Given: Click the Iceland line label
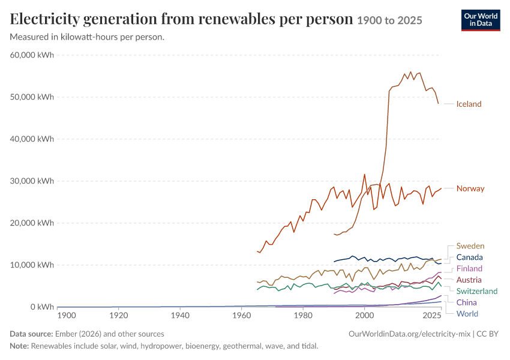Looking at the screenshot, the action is point(469,104).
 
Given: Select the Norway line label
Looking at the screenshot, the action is point(470,188).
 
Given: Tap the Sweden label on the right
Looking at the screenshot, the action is point(470,246).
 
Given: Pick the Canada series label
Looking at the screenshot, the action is point(469,257).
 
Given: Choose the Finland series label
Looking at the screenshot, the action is point(469,268).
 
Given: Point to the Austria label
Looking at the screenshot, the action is point(469,280).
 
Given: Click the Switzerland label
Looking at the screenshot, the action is point(477,291).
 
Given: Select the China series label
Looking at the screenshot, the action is point(466,302).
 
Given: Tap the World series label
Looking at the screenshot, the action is point(467,314).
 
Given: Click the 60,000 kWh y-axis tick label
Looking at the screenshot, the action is point(32,55).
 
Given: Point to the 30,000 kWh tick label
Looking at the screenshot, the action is point(32,181).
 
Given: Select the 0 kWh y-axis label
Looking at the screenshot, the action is point(42,307).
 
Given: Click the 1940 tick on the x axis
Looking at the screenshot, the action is point(180,316).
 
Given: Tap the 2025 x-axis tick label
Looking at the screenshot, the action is point(432,316).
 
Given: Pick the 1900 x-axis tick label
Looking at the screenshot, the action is point(67,316).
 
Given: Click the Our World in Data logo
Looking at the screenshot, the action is point(481,20).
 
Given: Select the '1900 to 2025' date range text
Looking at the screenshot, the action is point(389,20).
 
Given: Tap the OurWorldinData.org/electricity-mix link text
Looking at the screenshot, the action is point(409,334).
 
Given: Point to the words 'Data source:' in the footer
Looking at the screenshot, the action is point(31,334).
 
